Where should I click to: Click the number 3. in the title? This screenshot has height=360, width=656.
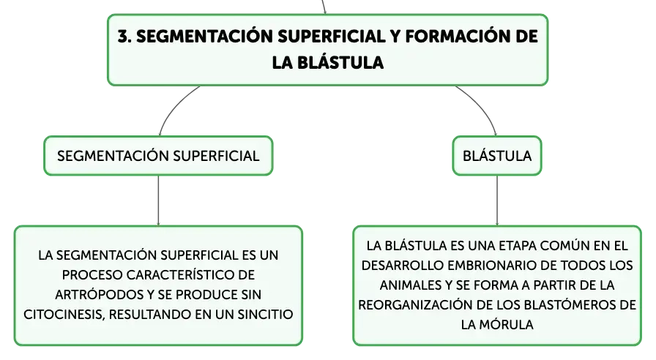point(124,37)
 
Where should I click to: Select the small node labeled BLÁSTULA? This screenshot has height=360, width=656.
point(497,156)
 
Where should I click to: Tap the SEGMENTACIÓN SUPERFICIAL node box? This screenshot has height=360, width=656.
point(158,156)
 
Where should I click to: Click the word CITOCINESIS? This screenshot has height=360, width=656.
point(64,315)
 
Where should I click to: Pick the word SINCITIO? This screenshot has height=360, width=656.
point(265,315)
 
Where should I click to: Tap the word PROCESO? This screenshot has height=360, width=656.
point(92,274)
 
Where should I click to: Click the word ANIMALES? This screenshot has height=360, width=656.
point(410,285)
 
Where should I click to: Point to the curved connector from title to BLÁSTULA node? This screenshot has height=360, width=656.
point(482,105)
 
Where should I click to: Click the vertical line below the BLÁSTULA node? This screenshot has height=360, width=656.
point(497,200)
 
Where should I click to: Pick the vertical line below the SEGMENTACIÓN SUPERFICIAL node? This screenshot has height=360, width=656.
point(158,200)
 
